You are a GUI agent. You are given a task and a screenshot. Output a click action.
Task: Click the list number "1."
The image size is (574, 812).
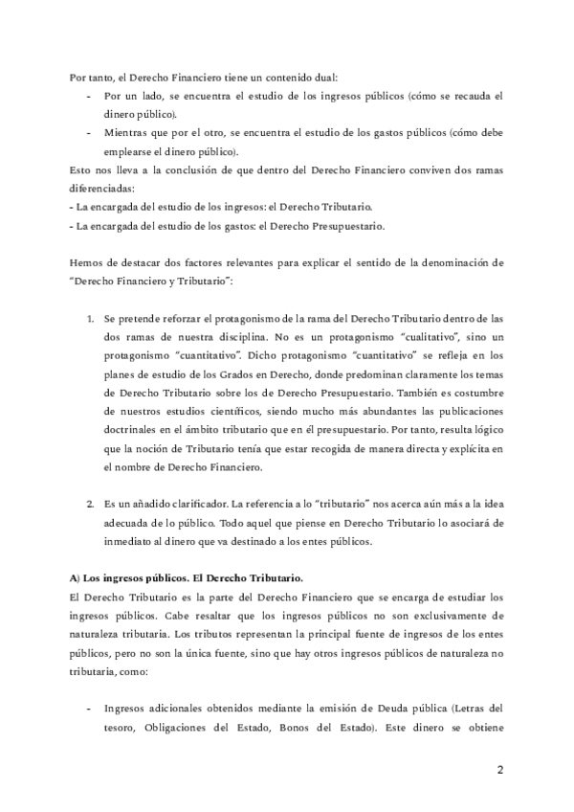coord(90,316)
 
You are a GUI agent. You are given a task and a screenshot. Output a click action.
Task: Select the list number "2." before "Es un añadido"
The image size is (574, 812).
coord(90,504)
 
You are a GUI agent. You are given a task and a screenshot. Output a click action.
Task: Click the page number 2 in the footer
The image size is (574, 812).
coord(499,769)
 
